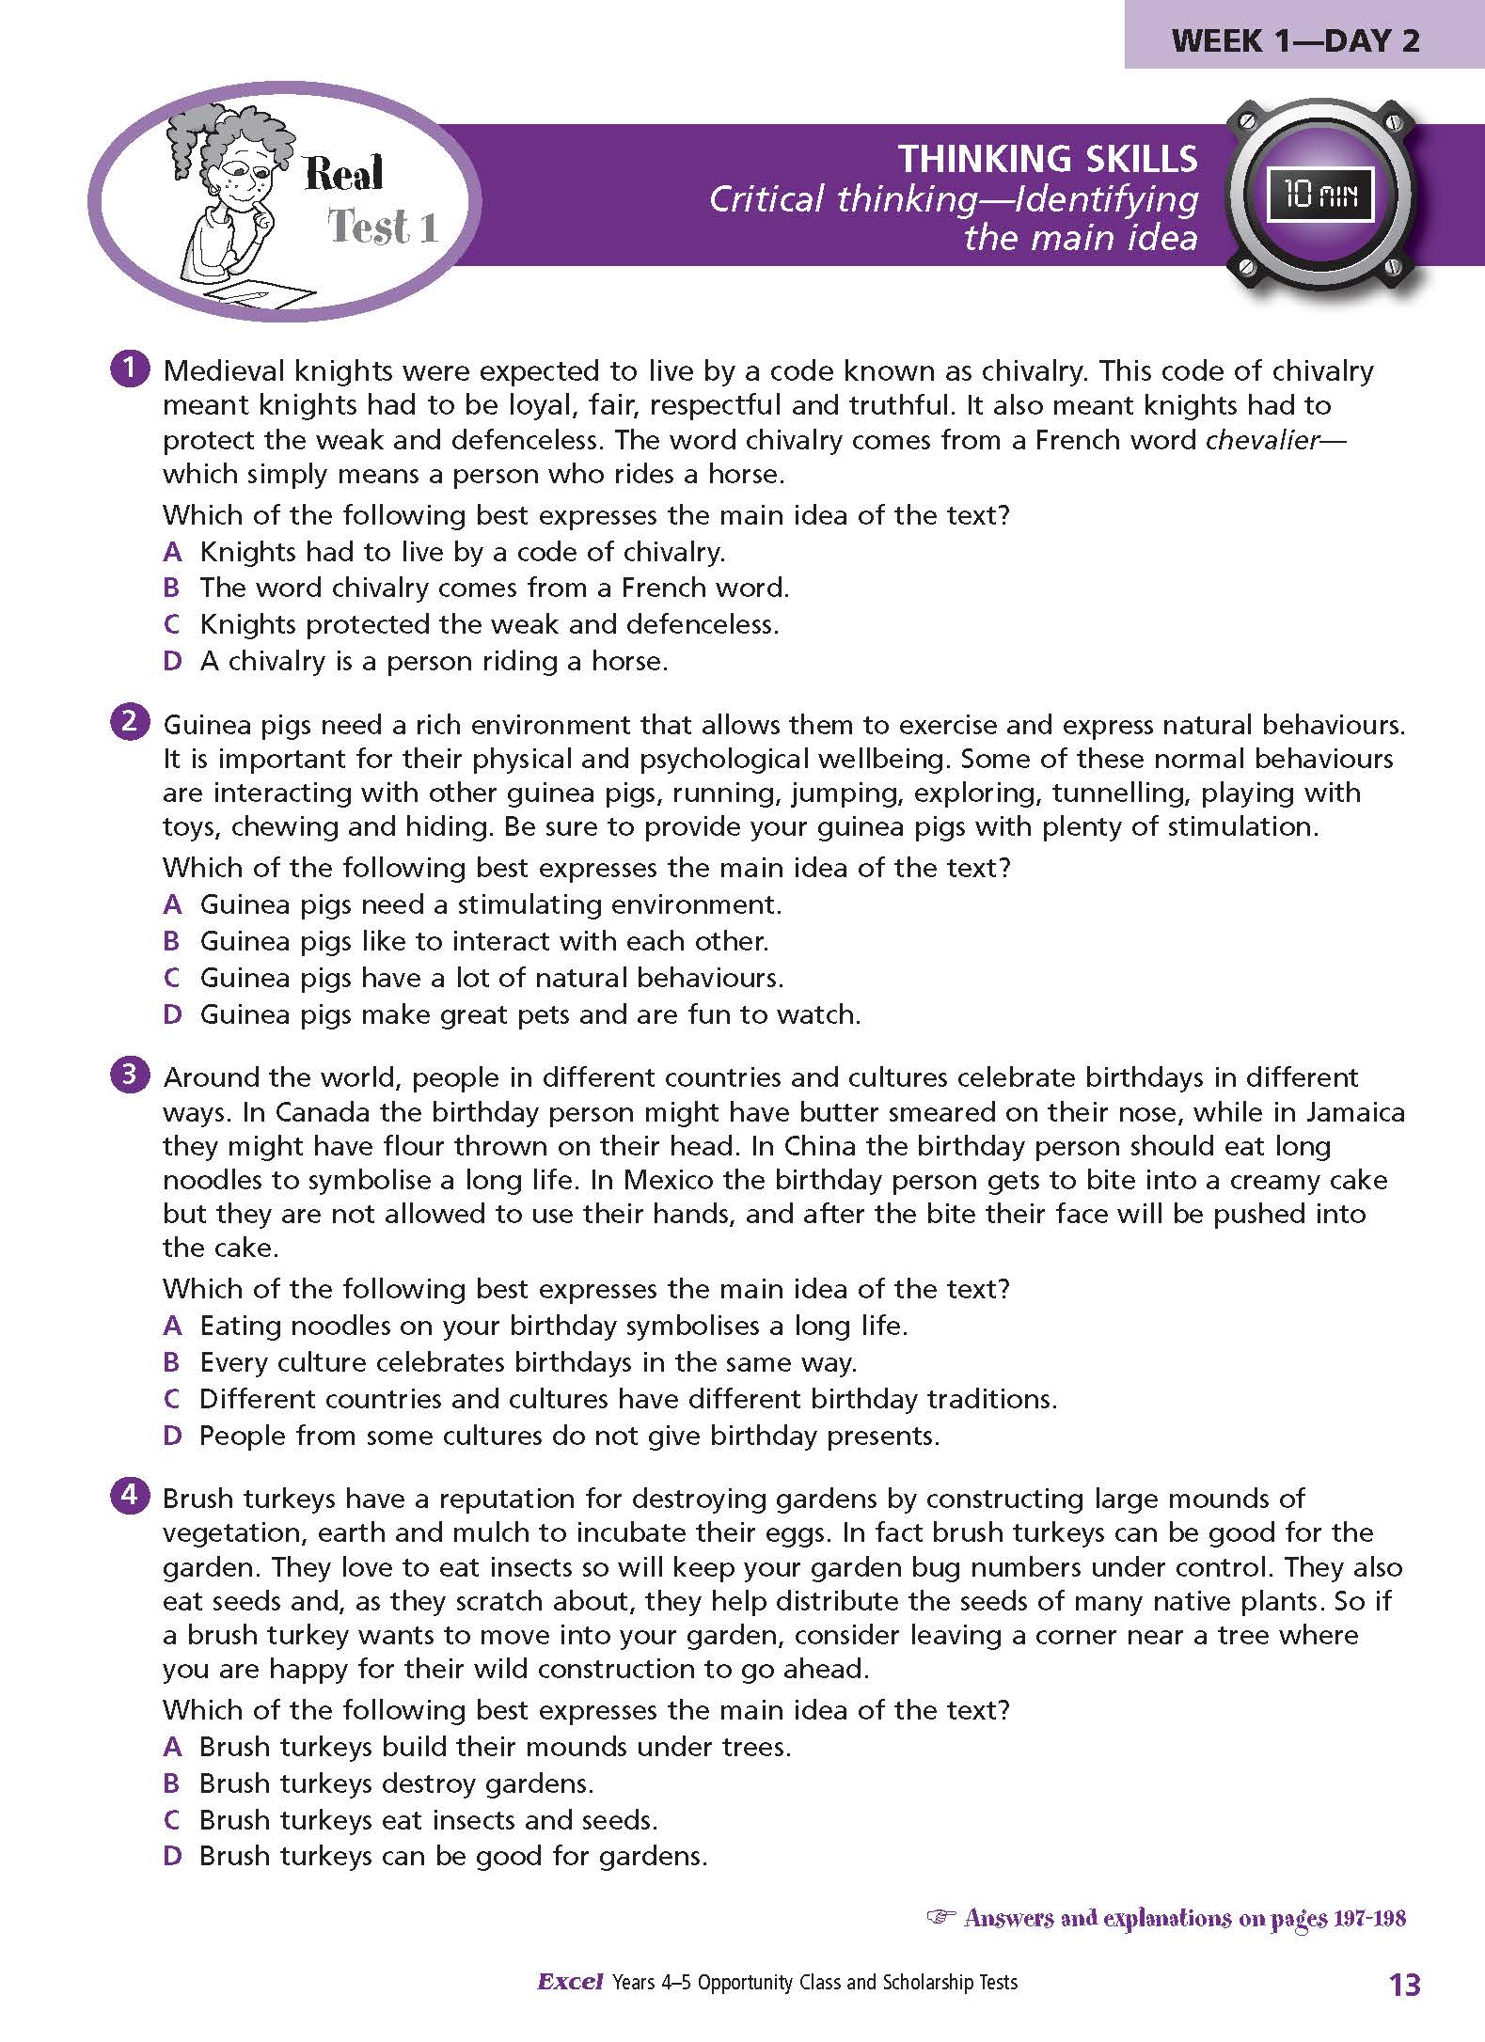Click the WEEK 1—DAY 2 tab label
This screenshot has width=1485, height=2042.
[x=1296, y=40]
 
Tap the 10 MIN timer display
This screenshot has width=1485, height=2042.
[x=1321, y=196]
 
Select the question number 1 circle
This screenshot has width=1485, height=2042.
[x=129, y=369]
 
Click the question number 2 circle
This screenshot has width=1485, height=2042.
[x=129, y=722]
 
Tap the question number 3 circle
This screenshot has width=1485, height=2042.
[x=129, y=1075]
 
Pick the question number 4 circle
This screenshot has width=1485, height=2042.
[x=129, y=1496]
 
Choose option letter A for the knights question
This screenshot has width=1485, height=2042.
[x=172, y=552]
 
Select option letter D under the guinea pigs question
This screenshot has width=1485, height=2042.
[x=172, y=1014]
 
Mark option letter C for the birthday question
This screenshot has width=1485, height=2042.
[x=172, y=1399]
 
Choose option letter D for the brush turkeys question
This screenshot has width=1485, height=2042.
[x=172, y=1856]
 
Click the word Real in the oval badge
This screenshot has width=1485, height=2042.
[x=344, y=174]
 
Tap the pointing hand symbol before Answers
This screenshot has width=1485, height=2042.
[x=940, y=1916]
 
